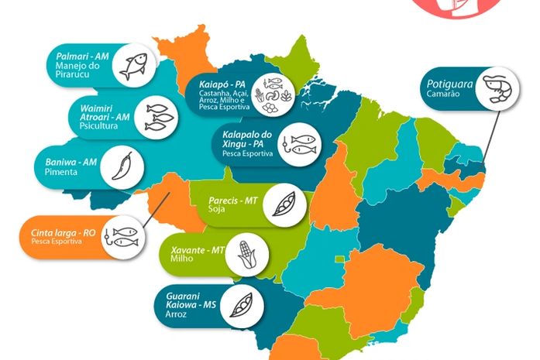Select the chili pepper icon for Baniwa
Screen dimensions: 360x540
(x=122, y=165)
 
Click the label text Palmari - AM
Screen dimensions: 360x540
(x=81, y=55)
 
